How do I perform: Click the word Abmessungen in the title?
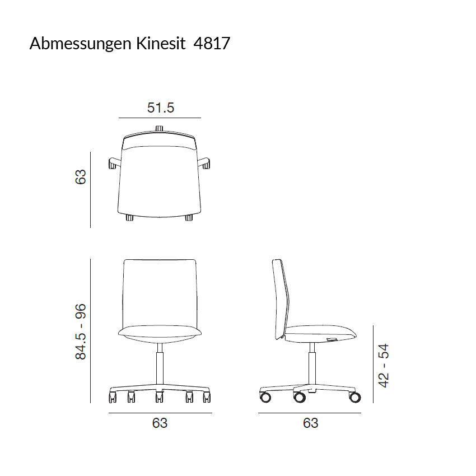(81, 44)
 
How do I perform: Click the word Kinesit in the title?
(161, 43)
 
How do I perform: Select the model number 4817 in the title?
(212, 43)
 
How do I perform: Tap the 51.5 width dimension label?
(161, 108)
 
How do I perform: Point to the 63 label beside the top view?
(81, 177)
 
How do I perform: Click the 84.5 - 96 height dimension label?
(81, 332)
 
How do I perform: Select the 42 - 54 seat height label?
(383, 366)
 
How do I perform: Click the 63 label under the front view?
(160, 423)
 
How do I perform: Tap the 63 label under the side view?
(311, 423)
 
